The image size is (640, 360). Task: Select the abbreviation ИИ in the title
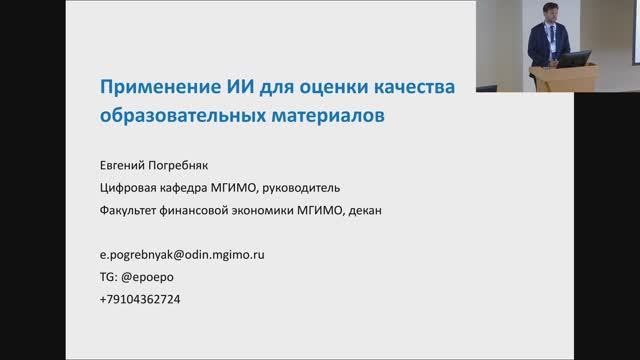225,87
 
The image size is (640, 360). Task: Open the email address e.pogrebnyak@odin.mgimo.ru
181,255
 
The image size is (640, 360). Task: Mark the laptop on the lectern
573,59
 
